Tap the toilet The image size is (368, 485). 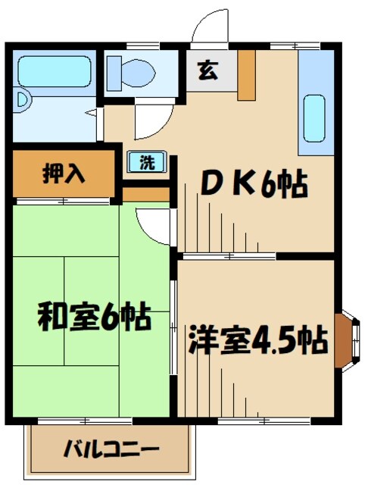coord(136,73)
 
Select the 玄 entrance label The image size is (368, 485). coord(205,72)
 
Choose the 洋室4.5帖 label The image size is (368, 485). coord(257,340)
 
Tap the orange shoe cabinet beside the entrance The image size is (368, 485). coord(247,75)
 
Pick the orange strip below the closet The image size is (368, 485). coord(145,195)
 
